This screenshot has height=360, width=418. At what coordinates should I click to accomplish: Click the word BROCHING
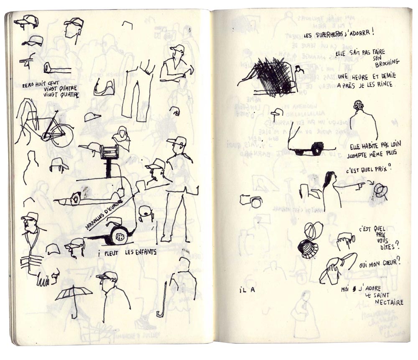pos(387,63)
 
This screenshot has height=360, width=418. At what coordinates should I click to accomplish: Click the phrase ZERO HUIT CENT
pos(41,84)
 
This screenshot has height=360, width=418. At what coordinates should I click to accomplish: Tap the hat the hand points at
pos(380,190)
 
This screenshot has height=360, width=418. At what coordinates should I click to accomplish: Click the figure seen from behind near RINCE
pos(362,121)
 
